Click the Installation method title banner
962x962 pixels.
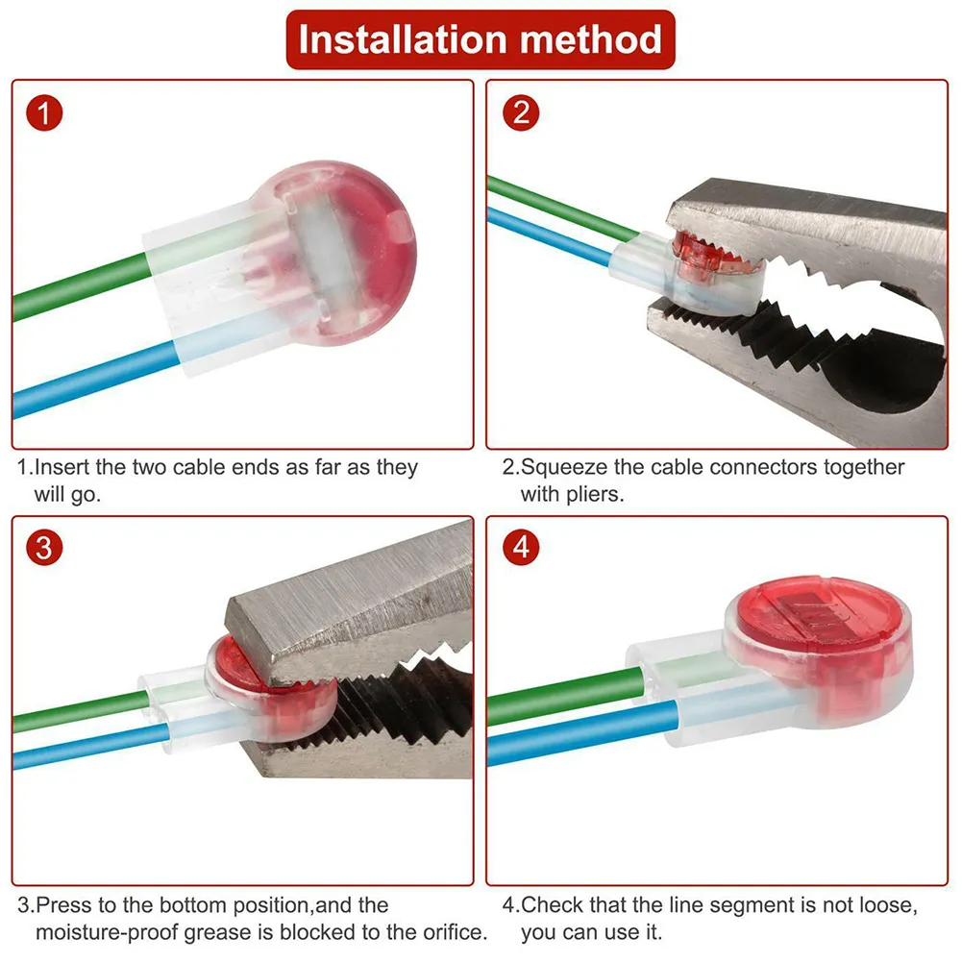coord(481,39)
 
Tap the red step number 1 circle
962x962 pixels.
coord(43,113)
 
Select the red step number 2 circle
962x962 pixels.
coord(521,113)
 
